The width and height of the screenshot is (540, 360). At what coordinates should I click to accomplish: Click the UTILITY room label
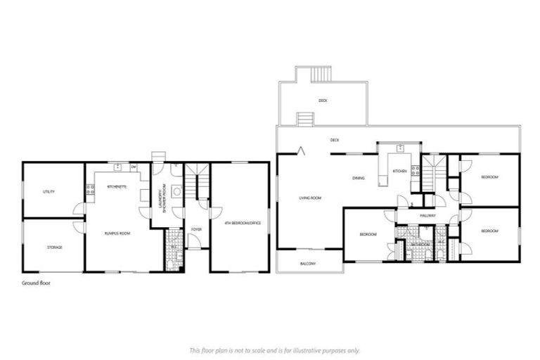tap(49, 191)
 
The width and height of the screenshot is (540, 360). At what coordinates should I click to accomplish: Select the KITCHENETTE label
tap(116, 187)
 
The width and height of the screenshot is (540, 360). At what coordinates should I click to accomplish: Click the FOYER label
tap(196, 229)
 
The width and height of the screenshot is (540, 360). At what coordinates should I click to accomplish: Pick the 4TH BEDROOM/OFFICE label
tap(243, 223)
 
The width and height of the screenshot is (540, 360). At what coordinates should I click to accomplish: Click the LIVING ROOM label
tap(309, 198)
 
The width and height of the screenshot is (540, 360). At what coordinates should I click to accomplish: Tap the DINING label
tap(359, 178)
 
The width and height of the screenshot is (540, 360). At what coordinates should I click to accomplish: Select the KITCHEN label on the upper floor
tap(399, 172)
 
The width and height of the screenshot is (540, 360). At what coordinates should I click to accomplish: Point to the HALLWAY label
tap(427, 216)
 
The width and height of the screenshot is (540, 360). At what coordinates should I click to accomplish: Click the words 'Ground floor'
tap(36, 283)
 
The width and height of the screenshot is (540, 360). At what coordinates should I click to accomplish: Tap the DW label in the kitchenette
tap(132, 167)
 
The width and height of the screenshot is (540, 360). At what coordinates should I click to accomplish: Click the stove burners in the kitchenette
tap(90, 189)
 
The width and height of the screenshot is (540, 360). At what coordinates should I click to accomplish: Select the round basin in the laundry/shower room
tap(177, 191)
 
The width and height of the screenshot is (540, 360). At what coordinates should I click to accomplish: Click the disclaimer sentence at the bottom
tap(274, 349)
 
